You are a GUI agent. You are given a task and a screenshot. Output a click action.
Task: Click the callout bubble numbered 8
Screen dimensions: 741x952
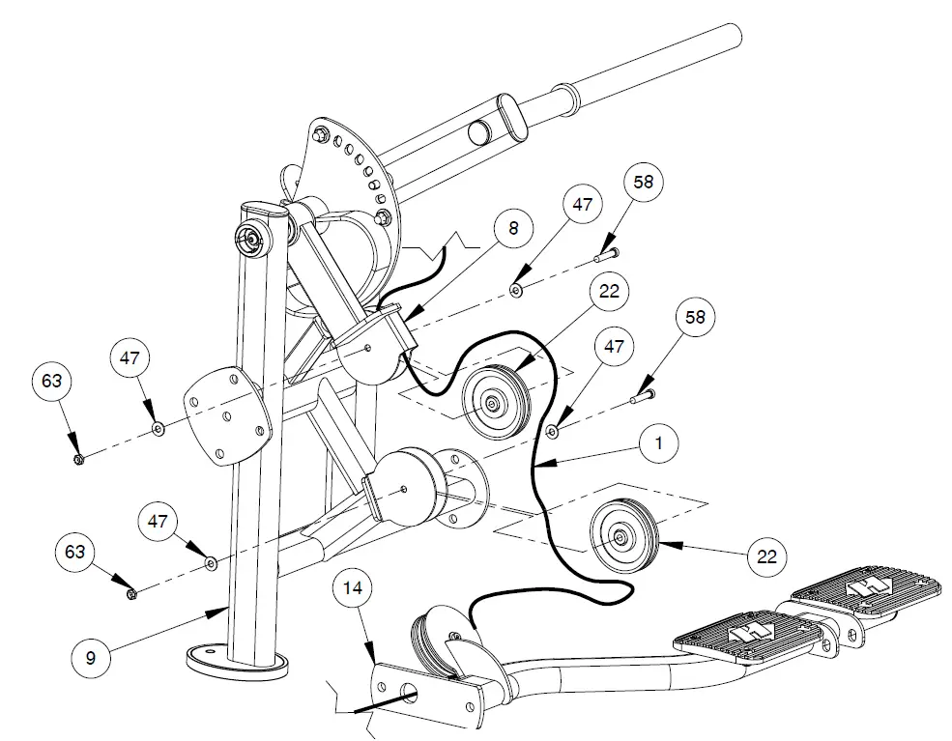[513, 228]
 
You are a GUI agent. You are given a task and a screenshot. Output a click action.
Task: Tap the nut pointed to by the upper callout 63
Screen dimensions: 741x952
[79, 458]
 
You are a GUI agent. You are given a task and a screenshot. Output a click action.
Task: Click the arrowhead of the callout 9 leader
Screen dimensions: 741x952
[225, 609]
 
